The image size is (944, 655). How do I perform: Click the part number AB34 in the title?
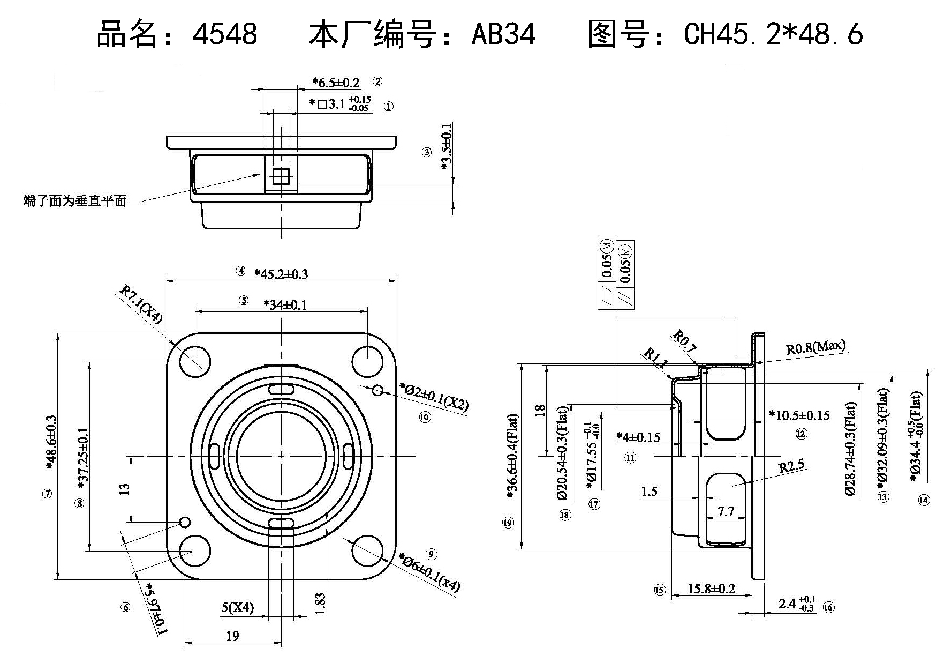(x=503, y=34)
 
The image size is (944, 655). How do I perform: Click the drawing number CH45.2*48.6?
(x=773, y=34)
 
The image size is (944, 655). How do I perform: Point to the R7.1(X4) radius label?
(x=140, y=304)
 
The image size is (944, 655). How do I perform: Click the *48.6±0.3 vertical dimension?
(x=51, y=443)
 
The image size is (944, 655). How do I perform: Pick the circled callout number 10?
(x=425, y=417)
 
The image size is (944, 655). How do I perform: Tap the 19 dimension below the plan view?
(x=232, y=636)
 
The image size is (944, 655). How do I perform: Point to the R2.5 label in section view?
(x=791, y=466)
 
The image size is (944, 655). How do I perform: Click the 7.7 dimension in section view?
(x=725, y=511)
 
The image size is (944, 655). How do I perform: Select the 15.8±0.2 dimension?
(x=711, y=589)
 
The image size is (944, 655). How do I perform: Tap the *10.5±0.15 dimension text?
(x=799, y=415)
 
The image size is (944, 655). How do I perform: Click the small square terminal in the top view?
(x=280, y=175)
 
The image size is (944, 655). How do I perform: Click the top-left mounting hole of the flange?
(x=194, y=361)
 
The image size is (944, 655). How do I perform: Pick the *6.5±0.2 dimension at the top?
(x=336, y=83)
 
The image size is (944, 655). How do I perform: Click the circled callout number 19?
(x=508, y=523)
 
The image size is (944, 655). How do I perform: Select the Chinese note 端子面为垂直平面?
(x=75, y=201)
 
